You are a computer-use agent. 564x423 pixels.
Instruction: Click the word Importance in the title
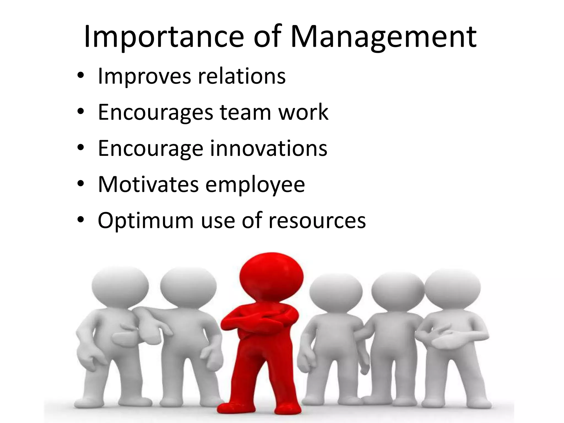click(164, 37)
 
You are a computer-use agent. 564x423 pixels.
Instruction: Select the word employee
click(255, 185)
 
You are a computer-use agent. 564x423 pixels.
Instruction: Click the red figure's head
click(271, 275)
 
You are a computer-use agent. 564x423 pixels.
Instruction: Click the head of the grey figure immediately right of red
click(335, 292)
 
